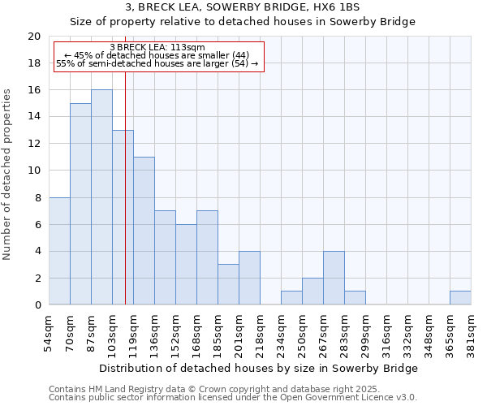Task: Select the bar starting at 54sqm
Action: click(59, 251)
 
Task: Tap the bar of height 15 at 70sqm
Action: click(80, 204)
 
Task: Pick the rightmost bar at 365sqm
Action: click(460, 298)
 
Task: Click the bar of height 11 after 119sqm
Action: click(144, 231)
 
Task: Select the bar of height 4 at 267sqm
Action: click(334, 278)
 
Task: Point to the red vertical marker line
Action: click(125, 187)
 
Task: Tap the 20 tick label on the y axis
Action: click(33, 37)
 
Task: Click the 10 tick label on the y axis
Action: click(33, 171)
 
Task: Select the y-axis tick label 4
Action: click(37, 251)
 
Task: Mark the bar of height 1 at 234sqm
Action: click(291, 298)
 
